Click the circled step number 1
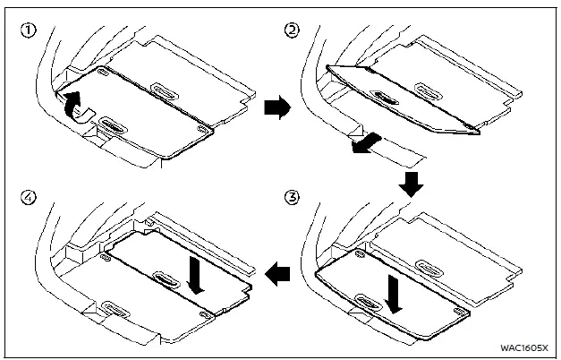(x=29, y=30)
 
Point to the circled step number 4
(x=29, y=193)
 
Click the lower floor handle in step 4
(x=115, y=309)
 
